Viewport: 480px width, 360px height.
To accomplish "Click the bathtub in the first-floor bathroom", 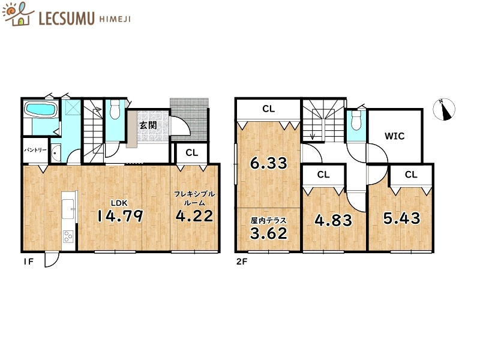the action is [x=41, y=109].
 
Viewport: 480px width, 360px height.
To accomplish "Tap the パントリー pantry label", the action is [x=35, y=150].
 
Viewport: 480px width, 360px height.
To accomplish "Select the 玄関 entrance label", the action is [x=148, y=125].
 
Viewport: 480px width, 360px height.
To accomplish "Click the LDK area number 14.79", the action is [x=120, y=216].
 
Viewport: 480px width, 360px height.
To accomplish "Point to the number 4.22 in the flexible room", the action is [x=194, y=216].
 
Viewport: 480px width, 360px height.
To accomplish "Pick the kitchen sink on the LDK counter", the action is [x=68, y=209].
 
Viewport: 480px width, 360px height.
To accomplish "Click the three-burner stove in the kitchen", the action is [x=68, y=236].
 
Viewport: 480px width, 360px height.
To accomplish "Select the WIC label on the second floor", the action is [x=395, y=136].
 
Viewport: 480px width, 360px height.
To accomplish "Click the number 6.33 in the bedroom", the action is [x=269, y=163].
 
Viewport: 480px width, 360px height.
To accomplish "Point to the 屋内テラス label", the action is [x=268, y=220].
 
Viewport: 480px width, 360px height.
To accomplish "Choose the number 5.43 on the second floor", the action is [x=401, y=218].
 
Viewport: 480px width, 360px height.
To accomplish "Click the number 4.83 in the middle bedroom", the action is [x=334, y=220].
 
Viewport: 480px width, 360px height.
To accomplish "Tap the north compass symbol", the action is [x=444, y=109].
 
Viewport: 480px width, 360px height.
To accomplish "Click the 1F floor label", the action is [x=28, y=262].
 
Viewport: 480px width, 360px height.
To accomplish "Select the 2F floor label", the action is [x=242, y=262].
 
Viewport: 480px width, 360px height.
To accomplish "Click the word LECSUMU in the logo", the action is [x=67, y=19].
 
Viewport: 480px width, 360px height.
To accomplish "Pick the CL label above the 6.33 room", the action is [x=268, y=109].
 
